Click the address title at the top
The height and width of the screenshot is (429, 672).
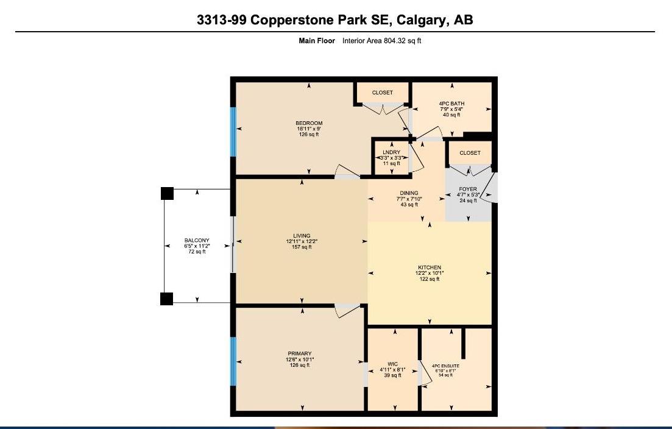click(x=335, y=19)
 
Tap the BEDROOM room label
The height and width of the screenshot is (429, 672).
click(x=309, y=123)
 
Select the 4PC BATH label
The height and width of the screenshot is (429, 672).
click(x=451, y=104)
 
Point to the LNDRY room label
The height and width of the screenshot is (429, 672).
click(x=391, y=152)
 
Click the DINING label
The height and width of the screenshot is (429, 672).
click(x=409, y=193)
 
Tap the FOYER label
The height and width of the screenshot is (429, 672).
click(x=468, y=190)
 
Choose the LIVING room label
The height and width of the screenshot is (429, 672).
click(x=302, y=236)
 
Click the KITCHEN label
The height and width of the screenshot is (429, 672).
click(x=430, y=268)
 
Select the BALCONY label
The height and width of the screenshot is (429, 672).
click(x=197, y=241)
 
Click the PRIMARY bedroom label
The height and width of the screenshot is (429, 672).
click(x=300, y=353)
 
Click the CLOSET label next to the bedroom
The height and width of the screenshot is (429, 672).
click(x=383, y=93)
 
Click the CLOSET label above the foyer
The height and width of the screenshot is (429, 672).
click(x=470, y=153)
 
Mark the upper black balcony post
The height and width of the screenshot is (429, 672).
click(x=167, y=194)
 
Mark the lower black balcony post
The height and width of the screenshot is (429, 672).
click(x=167, y=299)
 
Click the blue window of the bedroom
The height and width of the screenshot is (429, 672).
click(x=232, y=132)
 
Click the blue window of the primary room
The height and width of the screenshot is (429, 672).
click(x=232, y=361)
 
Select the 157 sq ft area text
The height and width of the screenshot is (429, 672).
click(x=302, y=247)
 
